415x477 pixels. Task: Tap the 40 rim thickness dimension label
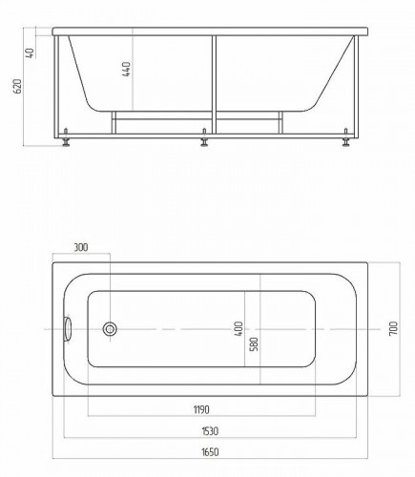point(31,53)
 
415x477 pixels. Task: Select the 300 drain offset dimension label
point(80,248)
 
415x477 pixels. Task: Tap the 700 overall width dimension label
point(392,330)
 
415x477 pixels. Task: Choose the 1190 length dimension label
point(201,410)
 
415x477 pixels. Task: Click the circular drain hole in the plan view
point(111,330)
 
